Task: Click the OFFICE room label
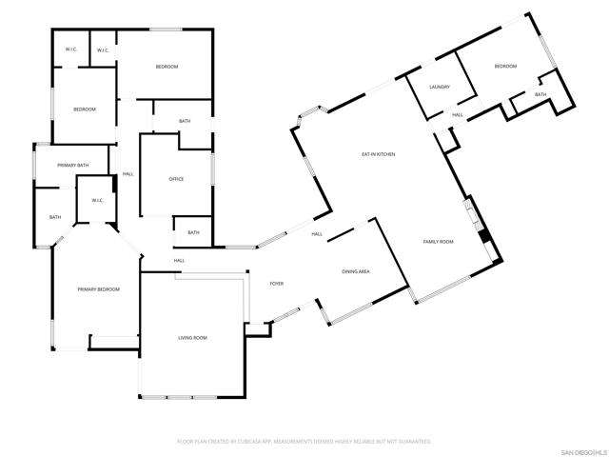coord(176,179)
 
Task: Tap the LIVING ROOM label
coord(192,338)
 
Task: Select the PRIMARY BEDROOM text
coord(99,288)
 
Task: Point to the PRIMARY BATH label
coord(72,166)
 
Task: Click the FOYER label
coord(277,284)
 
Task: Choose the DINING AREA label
coord(356,272)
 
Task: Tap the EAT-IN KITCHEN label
coord(378,154)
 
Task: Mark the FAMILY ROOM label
coord(438,242)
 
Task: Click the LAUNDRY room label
coord(439,87)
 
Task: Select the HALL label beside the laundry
coord(458,115)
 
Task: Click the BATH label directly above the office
coord(185,121)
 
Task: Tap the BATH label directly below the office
coord(193,232)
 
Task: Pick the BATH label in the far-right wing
coord(540,94)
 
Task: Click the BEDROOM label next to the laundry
coord(505,66)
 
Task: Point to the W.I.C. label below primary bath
coord(97,200)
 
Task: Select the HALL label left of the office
coord(128,173)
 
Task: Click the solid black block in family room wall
coord(482,238)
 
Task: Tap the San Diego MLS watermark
coord(582,451)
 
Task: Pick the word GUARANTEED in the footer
coord(414,442)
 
